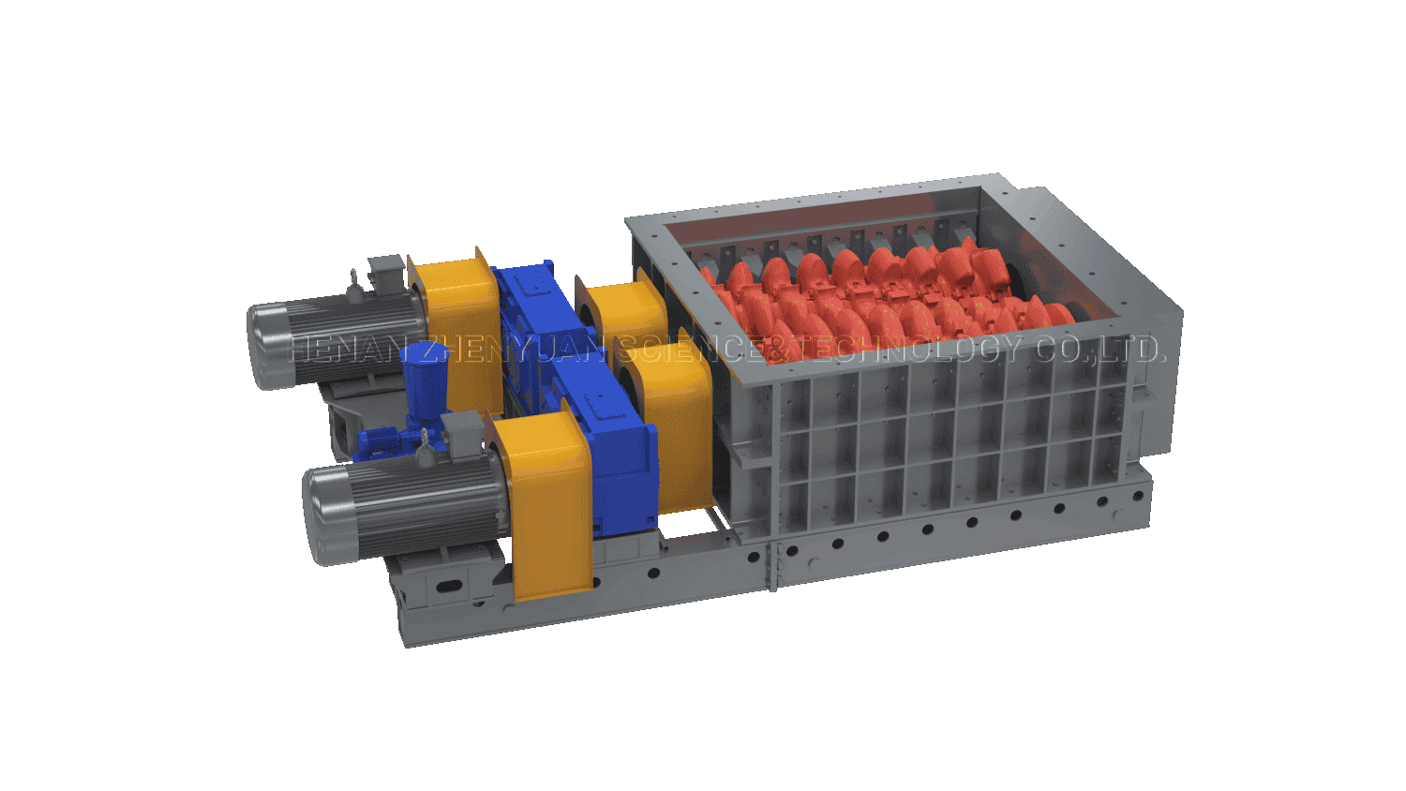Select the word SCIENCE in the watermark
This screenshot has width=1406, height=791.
point(688,349)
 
